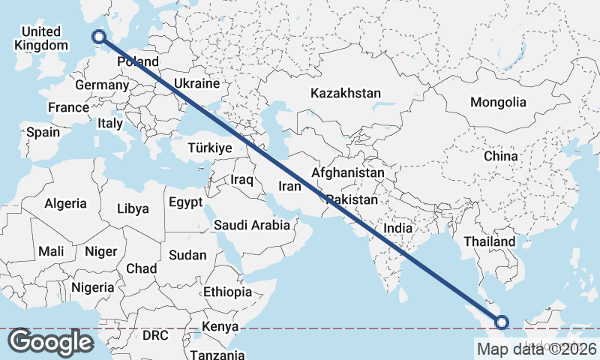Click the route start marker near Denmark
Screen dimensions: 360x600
pyautogui.click(x=98, y=35)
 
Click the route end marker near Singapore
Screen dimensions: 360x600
pyautogui.click(x=502, y=322)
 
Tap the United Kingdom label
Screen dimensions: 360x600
pyautogui.click(x=40, y=38)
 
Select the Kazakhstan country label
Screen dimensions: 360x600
pyautogui.click(x=346, y=94)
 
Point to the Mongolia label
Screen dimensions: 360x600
pyautogui.click(x=498, y=102)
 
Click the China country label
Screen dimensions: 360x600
pyautogui.click(x=500, y=156)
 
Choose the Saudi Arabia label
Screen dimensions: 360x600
pyautogui.click(x=252, y=225)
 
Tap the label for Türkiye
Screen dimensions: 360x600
pyautogui.click(x=210, y=148)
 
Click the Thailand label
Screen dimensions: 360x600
pyautogui.click(x=490, y=241)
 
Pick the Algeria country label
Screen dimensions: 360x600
pyautogui.click(x=65, y=203)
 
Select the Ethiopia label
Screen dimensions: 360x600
pyautogui.click(x=227, y=292)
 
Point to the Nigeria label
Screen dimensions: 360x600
pyautogui.click(x=93, y=287)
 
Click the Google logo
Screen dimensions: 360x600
pyautogui.click(x=50, y=342)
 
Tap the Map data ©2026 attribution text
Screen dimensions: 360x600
pyautogui.click(x=536, y=349)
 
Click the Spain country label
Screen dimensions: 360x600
pyautogui.click(x=43, y=132)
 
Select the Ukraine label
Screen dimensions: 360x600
pyautogui.click(x=196, y=83)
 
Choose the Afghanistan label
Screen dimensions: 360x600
pyautogui.click(x=348, y=173)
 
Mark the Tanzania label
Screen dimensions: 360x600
pyautogui.click(x=216, y=354)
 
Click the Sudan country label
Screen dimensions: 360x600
pyautogui.click(x=187, y=255)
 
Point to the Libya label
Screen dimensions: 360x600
pyautogui.click(x=133, y=209)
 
